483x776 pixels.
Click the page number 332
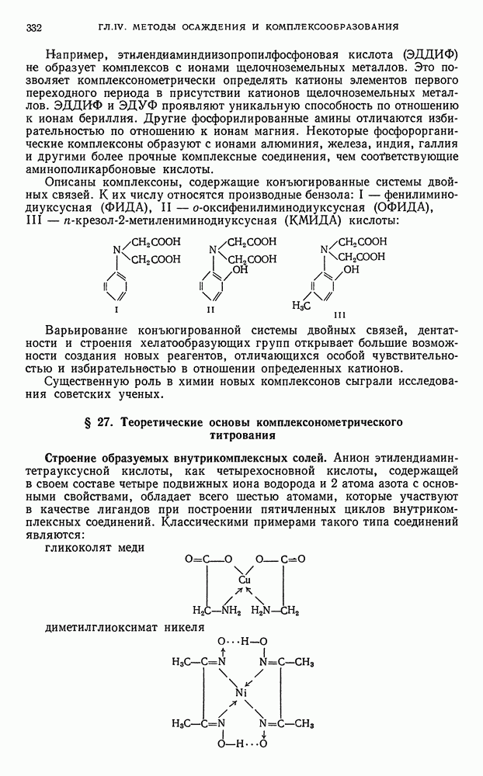coord(33,29)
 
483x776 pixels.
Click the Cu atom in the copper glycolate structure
coord(245,580)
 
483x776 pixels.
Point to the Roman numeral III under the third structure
coord(339,315)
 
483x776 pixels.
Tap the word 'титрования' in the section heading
coord(241,436)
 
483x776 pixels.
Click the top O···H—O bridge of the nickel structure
coord(242,641)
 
